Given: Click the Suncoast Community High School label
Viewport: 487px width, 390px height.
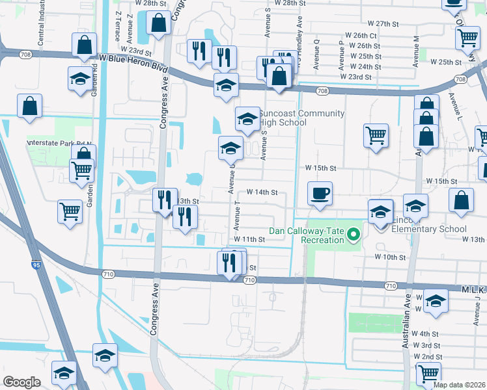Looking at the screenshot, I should coord(301,118).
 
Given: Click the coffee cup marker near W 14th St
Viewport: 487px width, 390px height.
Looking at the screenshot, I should coord(320,194).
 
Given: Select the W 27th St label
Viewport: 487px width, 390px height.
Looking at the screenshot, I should coord(382,23).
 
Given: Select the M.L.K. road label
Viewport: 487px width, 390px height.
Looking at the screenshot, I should coord(473,289).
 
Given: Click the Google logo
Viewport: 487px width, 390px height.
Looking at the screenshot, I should coord(21,382).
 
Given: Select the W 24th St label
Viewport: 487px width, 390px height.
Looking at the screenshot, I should coord(365,67).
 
